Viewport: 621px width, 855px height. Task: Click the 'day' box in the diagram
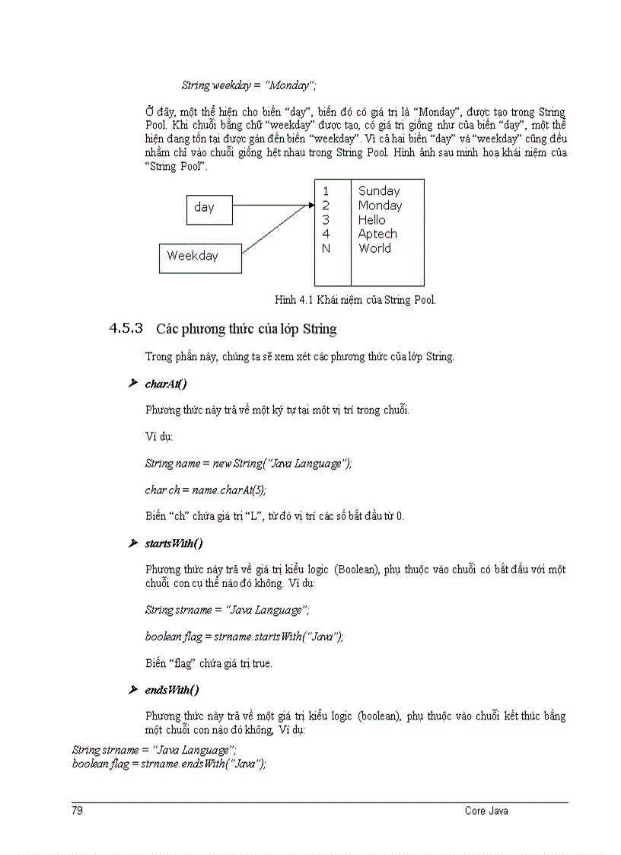209,209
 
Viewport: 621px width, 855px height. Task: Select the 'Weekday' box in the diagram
200,258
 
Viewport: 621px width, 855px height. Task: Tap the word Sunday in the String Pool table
379,191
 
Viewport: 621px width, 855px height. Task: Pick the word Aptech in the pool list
377,234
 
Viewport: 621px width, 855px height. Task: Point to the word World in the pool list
374,249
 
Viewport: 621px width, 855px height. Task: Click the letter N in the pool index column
326,249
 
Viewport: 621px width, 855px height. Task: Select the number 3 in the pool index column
326,220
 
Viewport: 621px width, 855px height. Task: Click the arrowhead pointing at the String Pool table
310,205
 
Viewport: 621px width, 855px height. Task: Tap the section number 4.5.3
126,329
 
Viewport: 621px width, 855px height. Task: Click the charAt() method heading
166,384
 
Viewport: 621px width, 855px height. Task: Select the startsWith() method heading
174,544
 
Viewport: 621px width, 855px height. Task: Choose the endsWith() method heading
172,690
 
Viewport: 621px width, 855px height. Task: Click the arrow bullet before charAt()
133,384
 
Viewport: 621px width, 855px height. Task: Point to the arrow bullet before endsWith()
133,690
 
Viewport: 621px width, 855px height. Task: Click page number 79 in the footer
78,811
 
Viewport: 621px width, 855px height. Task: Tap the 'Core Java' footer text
486,811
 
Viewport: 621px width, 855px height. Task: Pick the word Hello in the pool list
372,220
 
